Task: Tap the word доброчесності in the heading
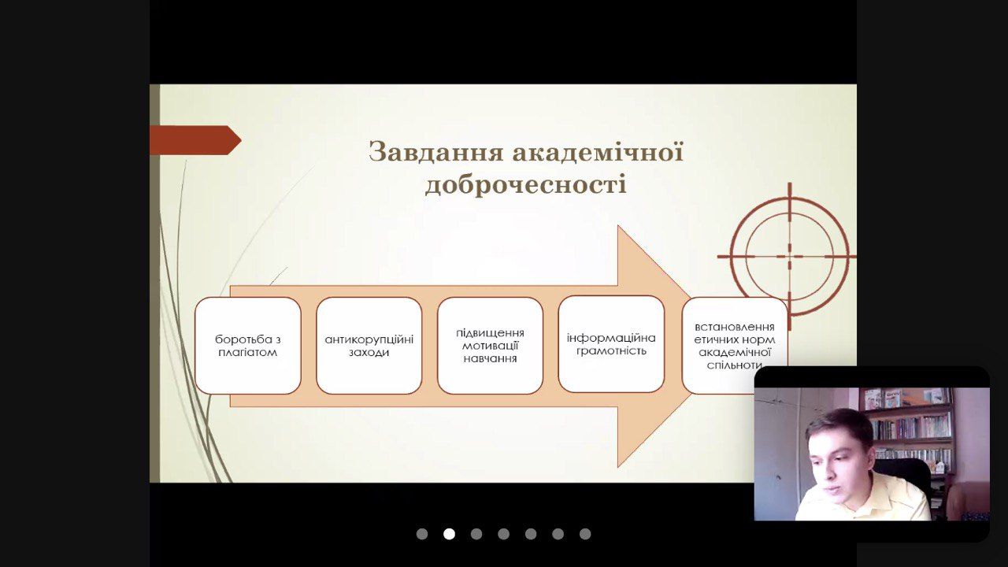tap(525, 185)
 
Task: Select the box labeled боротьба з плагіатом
tap(248, 346)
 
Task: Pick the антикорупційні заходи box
tap(369, 346)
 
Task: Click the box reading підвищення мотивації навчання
tap(490, 346)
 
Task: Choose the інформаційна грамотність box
tap(611, 344)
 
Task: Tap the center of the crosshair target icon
tap(789, 257)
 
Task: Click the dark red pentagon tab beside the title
tap(195, 140)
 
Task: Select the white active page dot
tap(449, 534)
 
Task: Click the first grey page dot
tap(422, 534)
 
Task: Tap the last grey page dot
tap(585, 534)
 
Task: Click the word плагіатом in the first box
tap(247, 352)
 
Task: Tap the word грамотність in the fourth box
tap(611, 350)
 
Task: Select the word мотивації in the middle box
tap(490, 346)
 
